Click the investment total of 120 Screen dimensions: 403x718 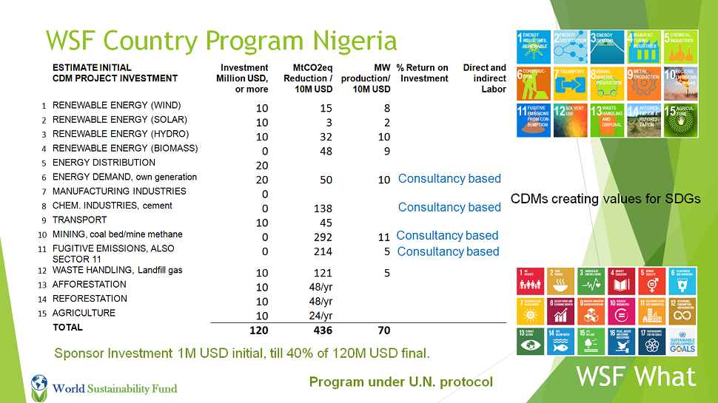(x=258, y=331)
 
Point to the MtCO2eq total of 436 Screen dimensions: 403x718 (x=323, y=331)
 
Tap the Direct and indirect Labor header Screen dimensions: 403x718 (x=485, y=78)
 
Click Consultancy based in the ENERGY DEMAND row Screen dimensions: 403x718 (x=449, y=178)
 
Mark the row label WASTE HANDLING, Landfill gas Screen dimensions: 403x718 (x=117, y=271)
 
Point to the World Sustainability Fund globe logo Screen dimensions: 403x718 (x=39, y=385)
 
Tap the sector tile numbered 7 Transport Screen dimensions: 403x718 (x=571, y=83)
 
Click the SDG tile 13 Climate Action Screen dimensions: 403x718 (x=529, y=341)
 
